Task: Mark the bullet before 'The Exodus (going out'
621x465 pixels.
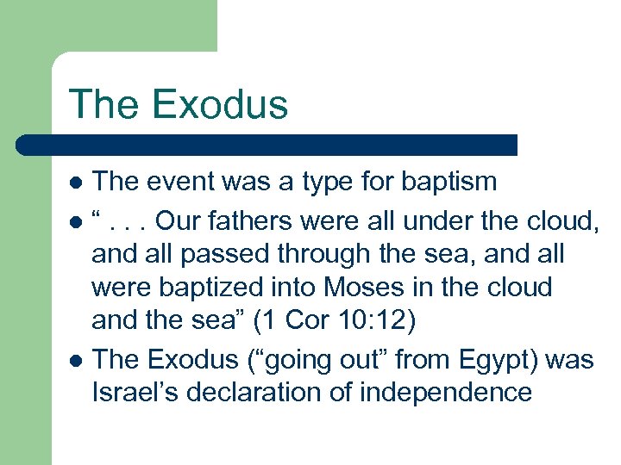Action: tap(76, 359)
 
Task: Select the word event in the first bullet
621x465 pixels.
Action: tap(176, 183)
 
